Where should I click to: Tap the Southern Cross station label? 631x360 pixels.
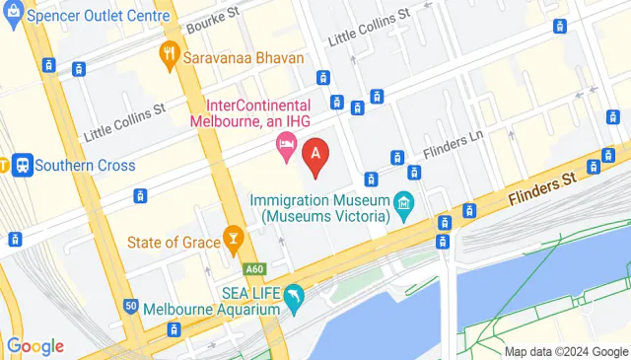85,165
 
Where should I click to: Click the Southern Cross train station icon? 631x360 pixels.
21,165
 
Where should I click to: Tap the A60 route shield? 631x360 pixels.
254,267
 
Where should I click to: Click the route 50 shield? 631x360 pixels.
131,307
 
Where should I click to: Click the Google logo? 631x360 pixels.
35,345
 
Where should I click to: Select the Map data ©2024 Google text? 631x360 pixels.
566,351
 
